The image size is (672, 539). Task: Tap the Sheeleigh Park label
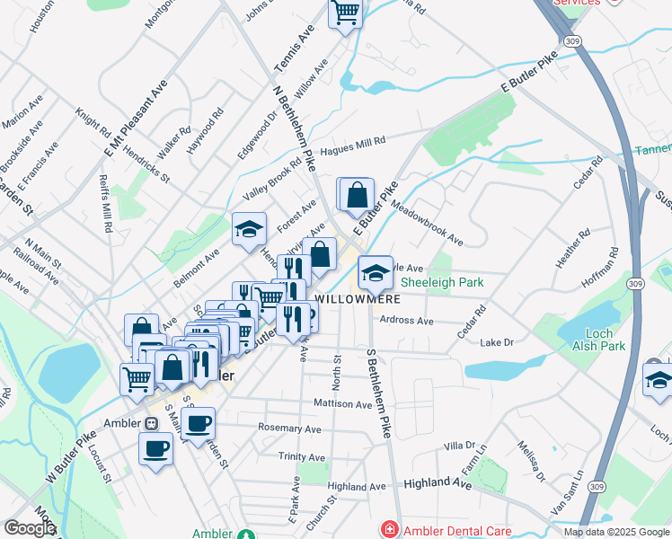[442, 282]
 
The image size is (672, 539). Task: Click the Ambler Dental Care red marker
[389, 530]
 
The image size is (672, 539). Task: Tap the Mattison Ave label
[342, 404]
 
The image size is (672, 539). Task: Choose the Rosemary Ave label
[289, 428]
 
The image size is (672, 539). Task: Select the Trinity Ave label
[300, 457]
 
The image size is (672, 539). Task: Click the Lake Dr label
[496, 342]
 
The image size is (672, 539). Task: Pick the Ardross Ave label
[406, 320]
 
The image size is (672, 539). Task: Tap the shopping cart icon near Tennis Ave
[345, 13]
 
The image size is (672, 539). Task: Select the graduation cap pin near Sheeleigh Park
[376, 271]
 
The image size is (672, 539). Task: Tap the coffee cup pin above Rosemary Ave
[199, 422]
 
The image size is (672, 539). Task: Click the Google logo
[31, 528]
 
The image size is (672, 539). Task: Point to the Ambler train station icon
[151, 423]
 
